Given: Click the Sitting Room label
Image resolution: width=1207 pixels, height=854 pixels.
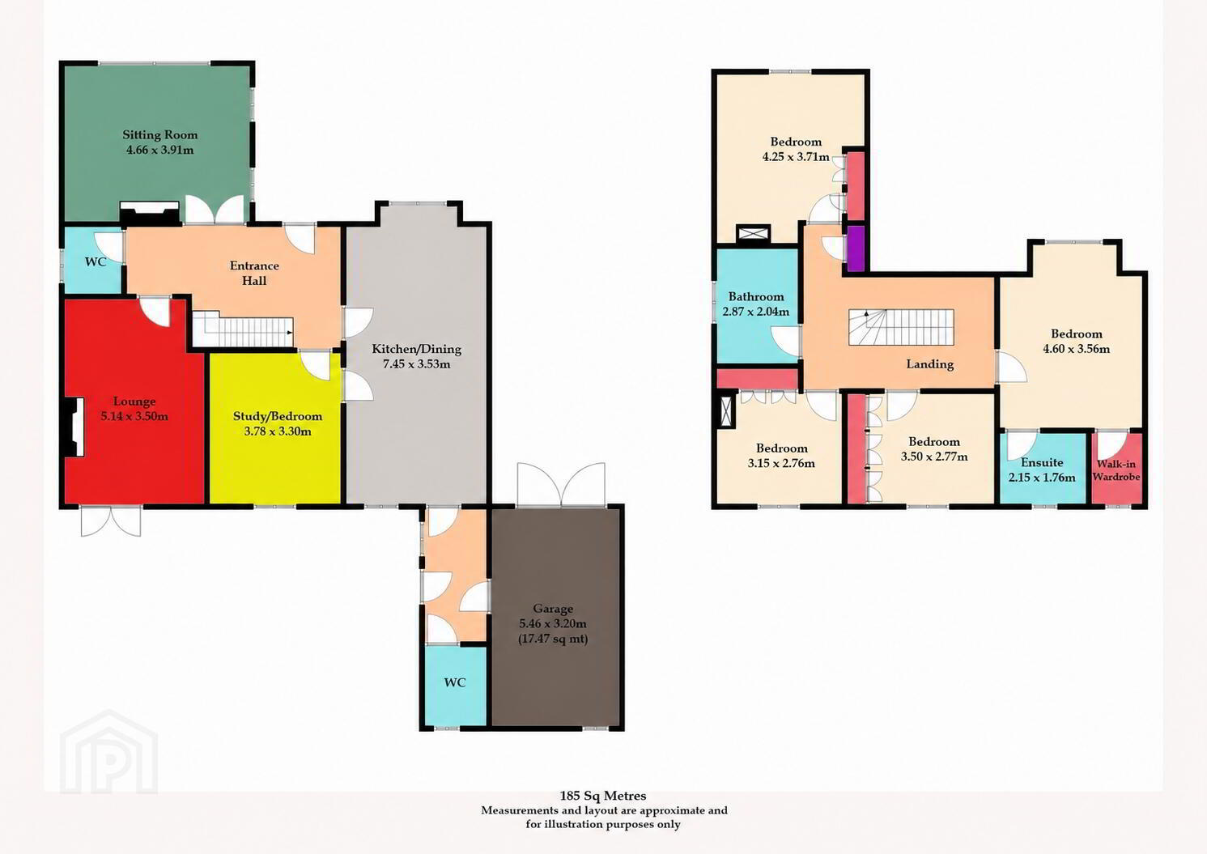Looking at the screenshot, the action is click(160, 134).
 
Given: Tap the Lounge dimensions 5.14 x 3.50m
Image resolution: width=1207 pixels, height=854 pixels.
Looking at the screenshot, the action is click(134, 416).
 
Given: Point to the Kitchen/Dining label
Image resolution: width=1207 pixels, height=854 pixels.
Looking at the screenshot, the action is click(417, 349).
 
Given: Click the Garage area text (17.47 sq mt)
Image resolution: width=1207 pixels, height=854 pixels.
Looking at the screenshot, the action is click(553, 639).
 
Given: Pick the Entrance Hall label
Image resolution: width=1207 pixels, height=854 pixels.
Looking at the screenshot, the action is click(254, 273).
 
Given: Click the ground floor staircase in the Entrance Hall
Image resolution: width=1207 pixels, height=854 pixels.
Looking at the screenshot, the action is click(243, 329).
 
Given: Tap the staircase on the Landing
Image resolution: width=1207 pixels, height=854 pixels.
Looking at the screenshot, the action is click(902, 327).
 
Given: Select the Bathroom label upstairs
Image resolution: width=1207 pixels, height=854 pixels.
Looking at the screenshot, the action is click(756, 296).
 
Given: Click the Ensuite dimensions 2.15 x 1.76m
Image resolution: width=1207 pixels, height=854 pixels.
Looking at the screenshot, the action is click(1042, 478).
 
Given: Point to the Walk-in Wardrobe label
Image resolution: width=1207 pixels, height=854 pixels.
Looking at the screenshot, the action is click(1116, 469).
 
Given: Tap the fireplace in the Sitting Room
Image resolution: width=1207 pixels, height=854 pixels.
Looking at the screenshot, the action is click(149, 214).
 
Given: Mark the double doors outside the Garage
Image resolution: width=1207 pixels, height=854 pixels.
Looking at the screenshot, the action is click(561, 484).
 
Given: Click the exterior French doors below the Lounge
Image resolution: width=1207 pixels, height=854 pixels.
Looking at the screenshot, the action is click(111, 521).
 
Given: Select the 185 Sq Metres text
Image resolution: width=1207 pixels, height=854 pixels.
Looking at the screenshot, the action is click(603, 795).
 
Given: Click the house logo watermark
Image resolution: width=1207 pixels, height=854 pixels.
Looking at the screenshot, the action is click(108, 752).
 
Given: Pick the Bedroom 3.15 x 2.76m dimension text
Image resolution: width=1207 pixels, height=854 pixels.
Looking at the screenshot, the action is click(781, 463).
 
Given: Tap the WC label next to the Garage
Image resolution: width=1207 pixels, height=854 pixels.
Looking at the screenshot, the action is click(455, 682).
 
